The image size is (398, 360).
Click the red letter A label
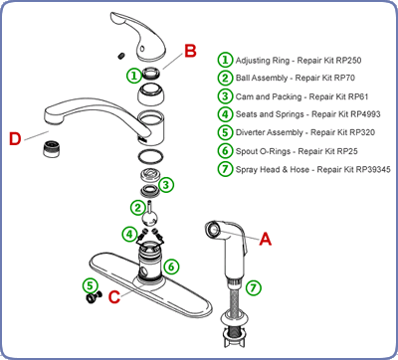point(265,239)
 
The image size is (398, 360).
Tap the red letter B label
point(190,52)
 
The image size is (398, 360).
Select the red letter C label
point(114,297)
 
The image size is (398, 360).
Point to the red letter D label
point(15,139)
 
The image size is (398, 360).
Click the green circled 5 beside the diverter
point(91,285)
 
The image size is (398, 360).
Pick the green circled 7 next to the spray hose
point(254,287)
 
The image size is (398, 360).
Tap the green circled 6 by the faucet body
point(171,267)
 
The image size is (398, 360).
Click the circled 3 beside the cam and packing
point(166,185)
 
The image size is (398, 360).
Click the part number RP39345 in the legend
point(373,170)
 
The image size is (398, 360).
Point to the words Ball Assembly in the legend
point(262,79)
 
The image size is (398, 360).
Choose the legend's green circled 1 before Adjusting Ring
point(225,60)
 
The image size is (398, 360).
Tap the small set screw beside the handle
point(121,56)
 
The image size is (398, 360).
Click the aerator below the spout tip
point(52,148)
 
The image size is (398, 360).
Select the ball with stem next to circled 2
point(150,216)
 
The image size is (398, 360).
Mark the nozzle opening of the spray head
point(213,229)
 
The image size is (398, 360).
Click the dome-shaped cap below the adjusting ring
point(151,94)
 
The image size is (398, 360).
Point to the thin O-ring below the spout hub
point(151,156)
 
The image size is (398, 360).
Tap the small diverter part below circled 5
point(92,297)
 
